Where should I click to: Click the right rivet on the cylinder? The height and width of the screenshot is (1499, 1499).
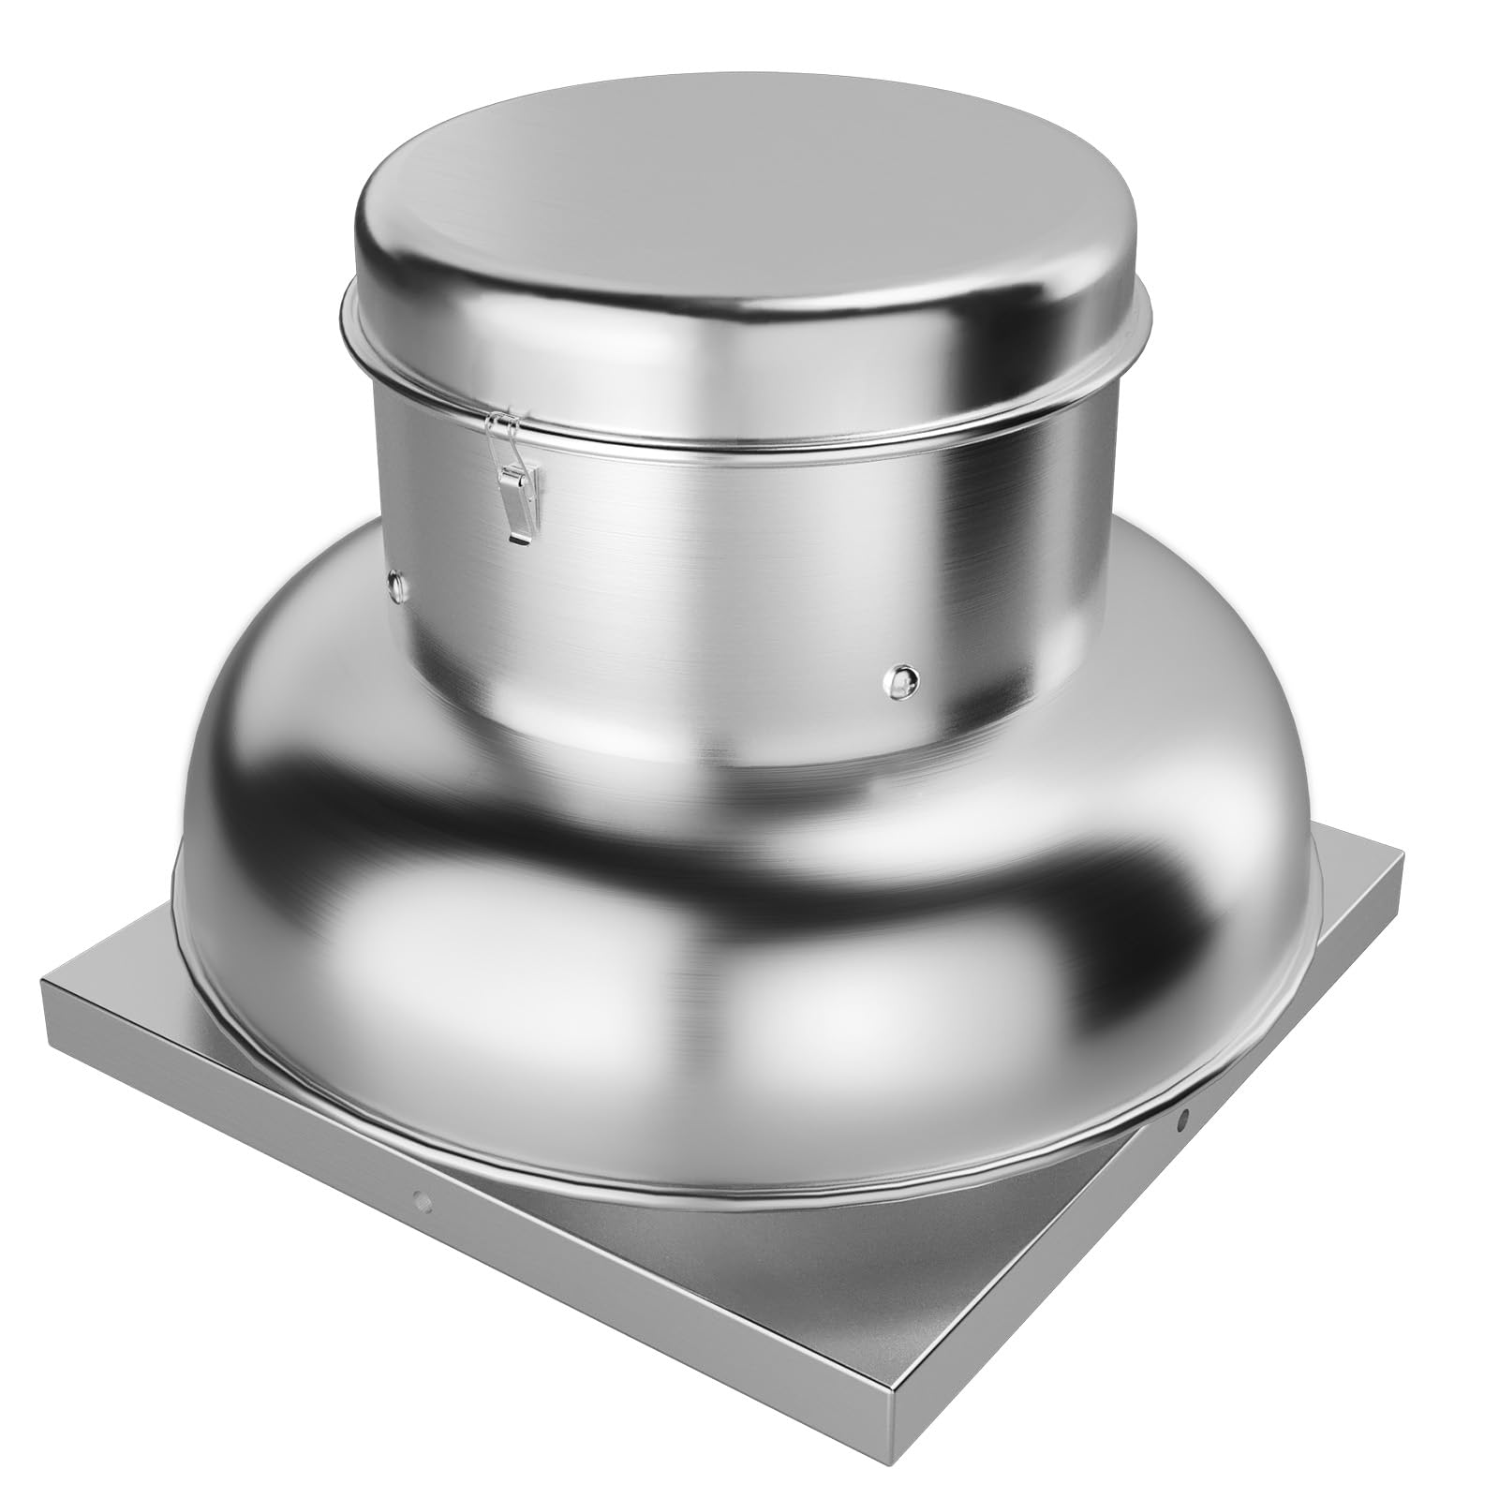[x=902, y=678]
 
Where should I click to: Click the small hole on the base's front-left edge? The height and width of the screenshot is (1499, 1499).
[x=423, y=1197]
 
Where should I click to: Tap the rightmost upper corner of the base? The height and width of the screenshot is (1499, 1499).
[x=1403, y=857]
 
